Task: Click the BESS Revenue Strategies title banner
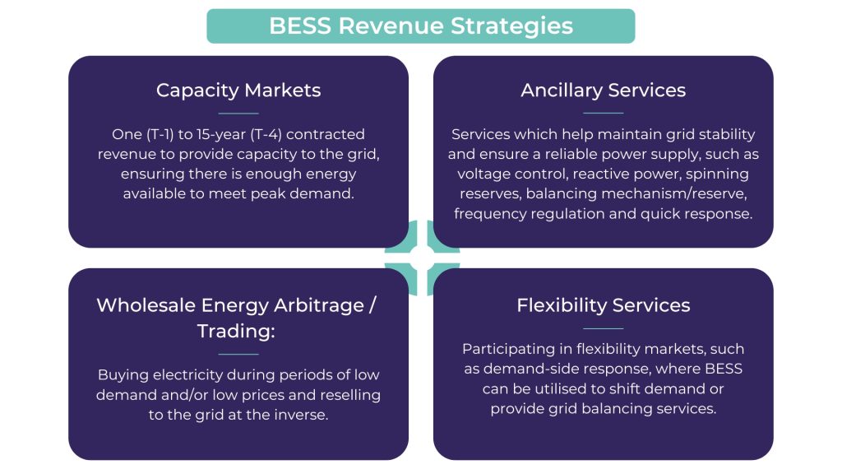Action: pos(420,26)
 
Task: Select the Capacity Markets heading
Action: pos(238,90)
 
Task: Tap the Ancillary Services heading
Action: pos(603,90)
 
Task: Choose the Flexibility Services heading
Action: pos(603,305)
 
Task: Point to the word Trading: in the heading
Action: pos(238,332)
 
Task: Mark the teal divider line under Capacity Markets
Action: pos(238,113)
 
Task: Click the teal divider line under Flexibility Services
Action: pos(603,328)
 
